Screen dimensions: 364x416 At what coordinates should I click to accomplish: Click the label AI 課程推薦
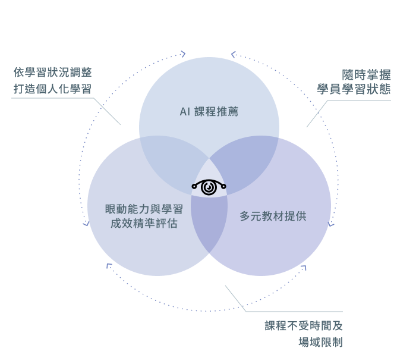[x=209, y=112]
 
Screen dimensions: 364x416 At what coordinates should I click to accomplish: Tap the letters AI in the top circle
[x=184, y=112]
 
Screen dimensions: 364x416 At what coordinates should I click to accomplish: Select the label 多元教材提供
[x=273, y=216]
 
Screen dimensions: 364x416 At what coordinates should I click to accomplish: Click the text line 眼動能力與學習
[x=143, y=209]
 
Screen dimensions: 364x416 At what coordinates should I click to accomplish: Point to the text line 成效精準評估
[x=143, y=224]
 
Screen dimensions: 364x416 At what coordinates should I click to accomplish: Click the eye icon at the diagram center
[x=209, y=187]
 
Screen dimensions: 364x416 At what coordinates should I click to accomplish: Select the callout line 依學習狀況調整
[x=53, y=73]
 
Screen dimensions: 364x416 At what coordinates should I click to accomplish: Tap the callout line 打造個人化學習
[x=53, y=89]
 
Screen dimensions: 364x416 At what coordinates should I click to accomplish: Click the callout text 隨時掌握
[x=366, y=75]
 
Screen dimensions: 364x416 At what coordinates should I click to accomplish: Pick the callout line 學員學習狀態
[x=354, y=90]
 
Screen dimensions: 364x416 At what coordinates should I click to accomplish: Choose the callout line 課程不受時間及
[x=304, y=326]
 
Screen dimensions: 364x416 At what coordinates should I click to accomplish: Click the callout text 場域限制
[x=320, y=342]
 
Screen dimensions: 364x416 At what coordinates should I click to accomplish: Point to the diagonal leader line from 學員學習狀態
[x=316, y=115]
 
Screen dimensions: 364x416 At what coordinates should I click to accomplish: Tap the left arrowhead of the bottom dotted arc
[x=109, y=266]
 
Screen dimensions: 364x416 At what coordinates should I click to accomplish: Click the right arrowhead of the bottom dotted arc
[x=304, y=268]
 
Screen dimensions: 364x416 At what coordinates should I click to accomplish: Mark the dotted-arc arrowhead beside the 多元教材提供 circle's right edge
[x=331, y=225]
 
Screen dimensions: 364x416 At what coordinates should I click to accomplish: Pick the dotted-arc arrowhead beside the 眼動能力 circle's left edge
[x=86, y=224]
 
